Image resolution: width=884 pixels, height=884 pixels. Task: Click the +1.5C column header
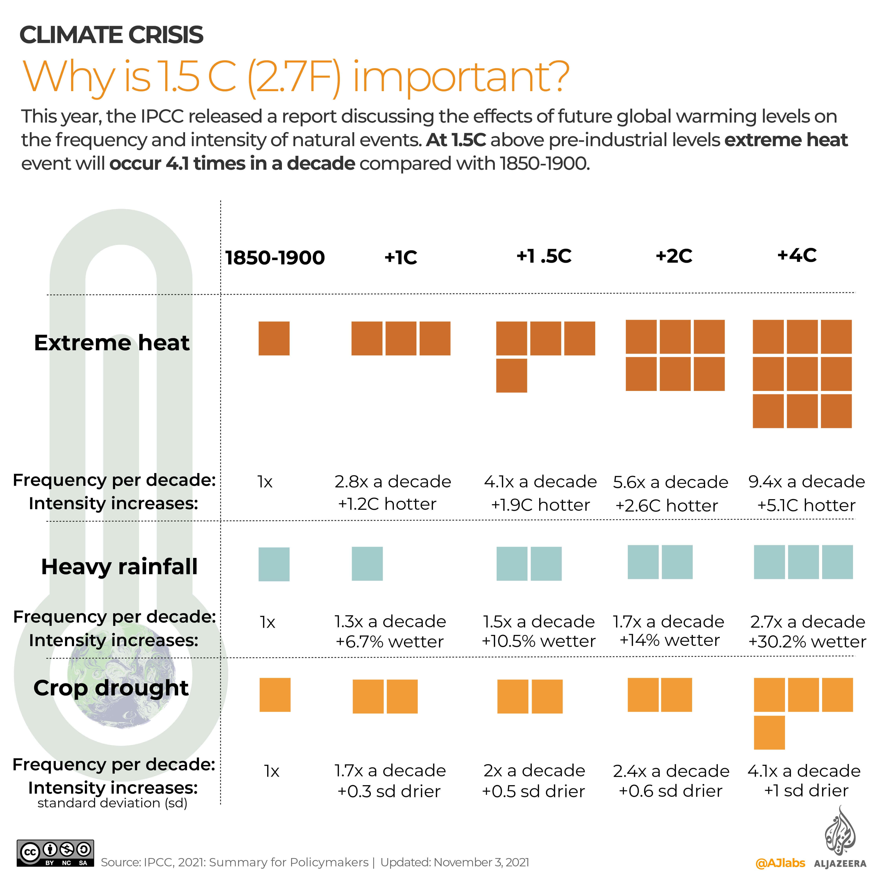tap(544, 256)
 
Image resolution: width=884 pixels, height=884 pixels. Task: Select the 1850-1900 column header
tap(275, 258)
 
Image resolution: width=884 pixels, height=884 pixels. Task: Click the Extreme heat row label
tap(112, 343)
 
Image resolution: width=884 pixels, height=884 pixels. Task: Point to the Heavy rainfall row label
tap(119, 567)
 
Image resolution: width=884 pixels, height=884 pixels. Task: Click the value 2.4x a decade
tap(671, 771)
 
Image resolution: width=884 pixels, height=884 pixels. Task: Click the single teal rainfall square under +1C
tap(367, 564)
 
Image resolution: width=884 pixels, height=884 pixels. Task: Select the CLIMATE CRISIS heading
tap(111, 35)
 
